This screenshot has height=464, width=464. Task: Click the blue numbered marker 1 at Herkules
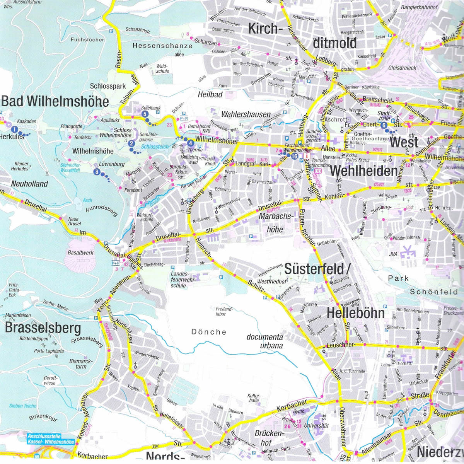[x=14, y=129]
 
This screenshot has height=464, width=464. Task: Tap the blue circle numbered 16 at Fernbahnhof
[x=295, y=156]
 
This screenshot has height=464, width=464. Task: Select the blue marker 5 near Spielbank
[x=145, y=114]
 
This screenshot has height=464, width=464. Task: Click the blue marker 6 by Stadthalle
[x=384, y=125]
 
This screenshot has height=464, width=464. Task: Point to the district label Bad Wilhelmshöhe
[x=55, y=101]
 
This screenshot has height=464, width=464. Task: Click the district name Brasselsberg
[x=43, y=328]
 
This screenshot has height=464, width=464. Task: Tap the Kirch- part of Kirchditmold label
[x=263, y=29]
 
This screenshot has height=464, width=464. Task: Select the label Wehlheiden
[x=363, y=171]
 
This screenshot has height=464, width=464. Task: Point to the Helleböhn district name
[x=356, y=313]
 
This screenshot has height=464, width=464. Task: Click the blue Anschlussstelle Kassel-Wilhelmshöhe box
[x=50, y=439]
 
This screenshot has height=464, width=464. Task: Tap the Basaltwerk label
[x=80, y=252]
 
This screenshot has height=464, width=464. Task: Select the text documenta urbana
[x=265, y=341]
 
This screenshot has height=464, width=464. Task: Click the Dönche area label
[x=208, y=332]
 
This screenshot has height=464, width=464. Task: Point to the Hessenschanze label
[x=162, y=46]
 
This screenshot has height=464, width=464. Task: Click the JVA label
[x=393, y=254]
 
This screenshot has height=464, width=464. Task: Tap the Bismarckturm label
[x=81, y=364]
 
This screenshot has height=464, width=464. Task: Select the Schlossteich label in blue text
[x=155, y=147]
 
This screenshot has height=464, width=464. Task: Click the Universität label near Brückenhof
[x=316, y=425]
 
